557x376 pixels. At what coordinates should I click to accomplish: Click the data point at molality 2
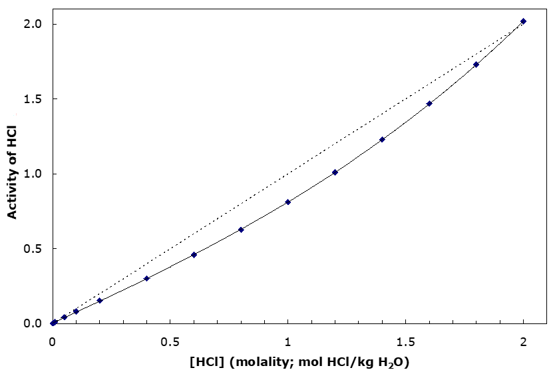(x=523, y=21)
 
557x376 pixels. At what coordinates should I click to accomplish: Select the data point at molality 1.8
(x=476, y=65)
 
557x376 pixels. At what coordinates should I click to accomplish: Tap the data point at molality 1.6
(x=429, y=103)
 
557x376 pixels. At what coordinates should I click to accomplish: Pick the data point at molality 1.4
(x=382, y=139)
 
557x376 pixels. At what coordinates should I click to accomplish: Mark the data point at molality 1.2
(x=335, y=172)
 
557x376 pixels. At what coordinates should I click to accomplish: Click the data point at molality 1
(x=287, y=202)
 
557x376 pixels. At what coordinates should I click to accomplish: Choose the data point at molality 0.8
(x=241, y=230)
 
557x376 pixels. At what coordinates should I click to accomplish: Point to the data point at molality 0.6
(x=194, y=254)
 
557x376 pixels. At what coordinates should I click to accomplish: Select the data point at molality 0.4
(x=146, y=278)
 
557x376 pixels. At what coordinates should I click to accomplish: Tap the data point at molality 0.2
(x=100, y=300)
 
